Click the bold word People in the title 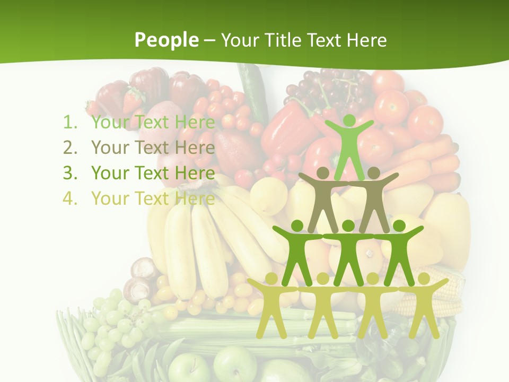pos(166,40)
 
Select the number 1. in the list pos(71,123)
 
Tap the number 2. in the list pos(71,147)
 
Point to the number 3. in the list pos(71,173)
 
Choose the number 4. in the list pos(71,198)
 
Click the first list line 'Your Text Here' pos(153,123)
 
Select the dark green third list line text pos(153,173)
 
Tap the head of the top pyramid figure pos(349,121)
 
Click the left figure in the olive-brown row pos(323,196)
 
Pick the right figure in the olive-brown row pos(374,196)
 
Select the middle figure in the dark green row pos(348,249)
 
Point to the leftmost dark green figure pos(297,249)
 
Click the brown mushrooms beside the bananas pos(141,279)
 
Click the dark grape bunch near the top pos(323,88)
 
